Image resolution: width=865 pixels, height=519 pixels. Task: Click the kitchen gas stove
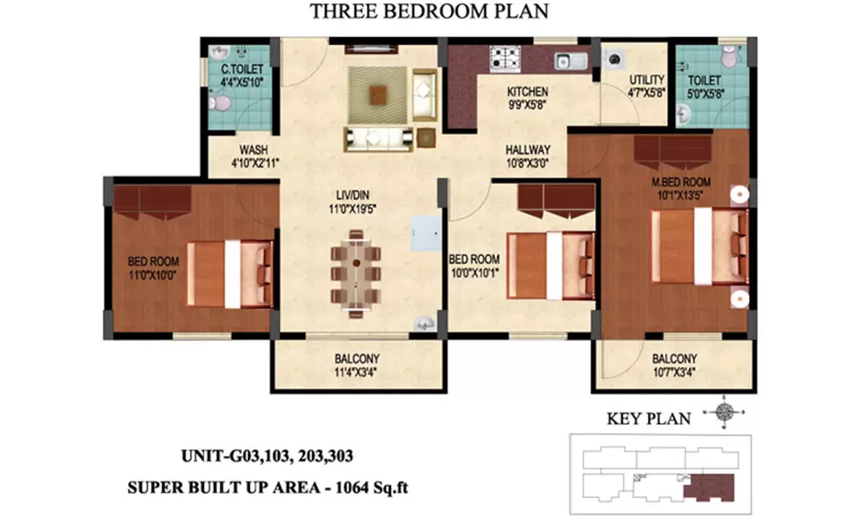click(x=505, y=59)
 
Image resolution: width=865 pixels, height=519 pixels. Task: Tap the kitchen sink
click(x=570, y=61)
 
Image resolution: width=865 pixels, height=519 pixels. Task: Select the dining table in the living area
click(x=356, y=273)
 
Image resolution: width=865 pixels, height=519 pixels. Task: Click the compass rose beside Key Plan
click(x=724, y=412)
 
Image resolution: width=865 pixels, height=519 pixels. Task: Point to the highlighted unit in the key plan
click(x=710, y=487)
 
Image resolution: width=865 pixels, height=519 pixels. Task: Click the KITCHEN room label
click(x=528, y=92)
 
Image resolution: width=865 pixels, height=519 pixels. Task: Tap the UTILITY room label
click(x=646, y=80)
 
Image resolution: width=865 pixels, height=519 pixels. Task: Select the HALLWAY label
click(x=528, y=150)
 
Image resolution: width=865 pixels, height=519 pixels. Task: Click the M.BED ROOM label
click(x=681, y=182)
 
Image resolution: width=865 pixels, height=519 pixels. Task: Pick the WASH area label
click(x=253, y=150)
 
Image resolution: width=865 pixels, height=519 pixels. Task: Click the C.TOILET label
click(x=242, y=69)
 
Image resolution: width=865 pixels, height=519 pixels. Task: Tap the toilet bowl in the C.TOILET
click(x=220, y=102)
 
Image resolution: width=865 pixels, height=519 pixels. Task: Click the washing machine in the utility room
click(x=613, y=59)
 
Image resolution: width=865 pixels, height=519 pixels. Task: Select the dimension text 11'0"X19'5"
click(x=353, y=209)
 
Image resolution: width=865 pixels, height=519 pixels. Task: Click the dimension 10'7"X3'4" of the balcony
click(x=674, y=372)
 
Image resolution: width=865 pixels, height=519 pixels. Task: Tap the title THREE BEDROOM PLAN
click(x=429, y=11)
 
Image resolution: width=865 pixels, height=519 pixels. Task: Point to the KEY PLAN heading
click(x=649, y=420)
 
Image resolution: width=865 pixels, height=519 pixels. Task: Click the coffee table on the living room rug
click(x=379, y=95)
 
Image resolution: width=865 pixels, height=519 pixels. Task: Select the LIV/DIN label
click(x=353, y=195)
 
